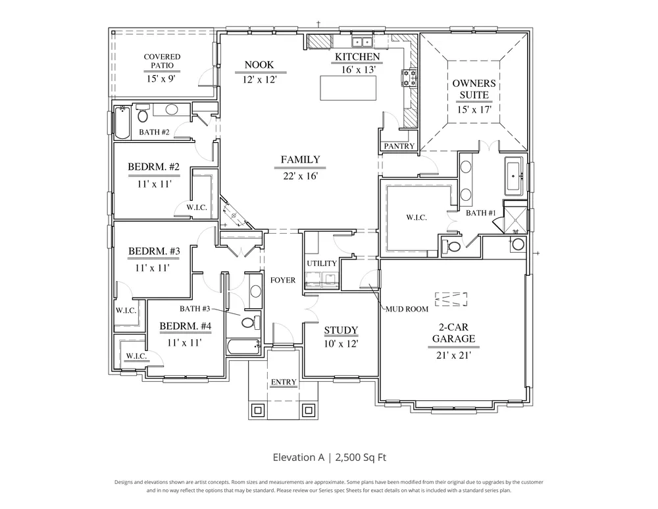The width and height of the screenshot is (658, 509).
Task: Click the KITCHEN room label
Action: (357, 57)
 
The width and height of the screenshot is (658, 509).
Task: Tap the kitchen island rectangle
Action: (348, 88)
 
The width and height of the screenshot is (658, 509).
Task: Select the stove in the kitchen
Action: (409, 78)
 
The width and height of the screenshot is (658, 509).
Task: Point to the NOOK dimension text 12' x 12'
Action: (259, 79)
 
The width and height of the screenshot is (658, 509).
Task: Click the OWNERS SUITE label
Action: (474, 89)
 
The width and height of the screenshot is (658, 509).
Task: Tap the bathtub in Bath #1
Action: (513, 176)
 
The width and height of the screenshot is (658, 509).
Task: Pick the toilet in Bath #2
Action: (143, 113)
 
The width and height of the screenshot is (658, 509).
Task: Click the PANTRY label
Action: (399, 146)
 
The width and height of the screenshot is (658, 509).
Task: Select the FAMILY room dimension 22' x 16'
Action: (300, 176)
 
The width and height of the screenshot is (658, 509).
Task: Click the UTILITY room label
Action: (322, 263)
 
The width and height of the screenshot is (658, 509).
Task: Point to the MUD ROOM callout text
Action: (407, 309)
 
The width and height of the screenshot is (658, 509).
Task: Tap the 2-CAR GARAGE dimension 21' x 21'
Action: (453, 356)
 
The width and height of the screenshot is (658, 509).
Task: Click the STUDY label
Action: (341, 331)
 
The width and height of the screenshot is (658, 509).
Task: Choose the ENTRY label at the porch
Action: (284, 382)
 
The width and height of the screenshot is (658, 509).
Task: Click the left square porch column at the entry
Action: (257, 410)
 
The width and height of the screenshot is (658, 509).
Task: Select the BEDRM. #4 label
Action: (185, 327)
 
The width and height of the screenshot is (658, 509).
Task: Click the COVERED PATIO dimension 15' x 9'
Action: (161, 78)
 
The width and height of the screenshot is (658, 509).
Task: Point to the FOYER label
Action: (283, 280)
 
